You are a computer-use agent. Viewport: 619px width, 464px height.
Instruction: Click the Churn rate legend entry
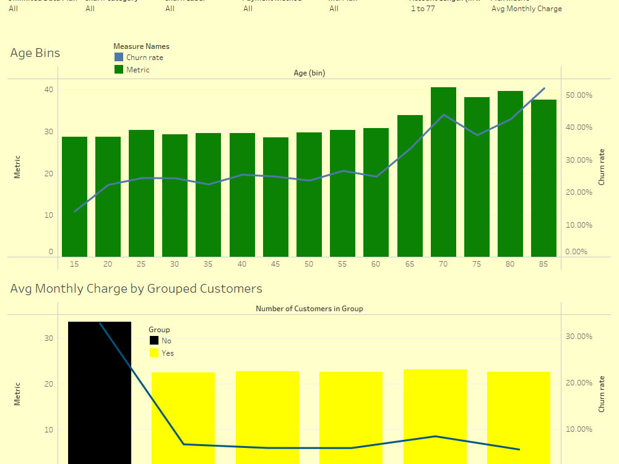point(144,58)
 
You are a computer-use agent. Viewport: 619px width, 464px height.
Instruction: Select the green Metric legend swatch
point(119,70)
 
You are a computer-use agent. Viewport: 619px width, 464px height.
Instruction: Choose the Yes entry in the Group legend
point(167,353)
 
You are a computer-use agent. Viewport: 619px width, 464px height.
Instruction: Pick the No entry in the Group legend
point(166,341)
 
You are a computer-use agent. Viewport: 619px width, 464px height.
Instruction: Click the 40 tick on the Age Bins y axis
point(48,90)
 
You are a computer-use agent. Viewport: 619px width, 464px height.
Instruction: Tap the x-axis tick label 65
point(410,264)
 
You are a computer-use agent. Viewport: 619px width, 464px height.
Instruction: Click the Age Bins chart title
point(35,53)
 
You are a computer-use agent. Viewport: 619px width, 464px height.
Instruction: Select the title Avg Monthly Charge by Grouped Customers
point(136,289)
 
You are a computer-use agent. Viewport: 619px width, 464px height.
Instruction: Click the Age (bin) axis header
point(309,73)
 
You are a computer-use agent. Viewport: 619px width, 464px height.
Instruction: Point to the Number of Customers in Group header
point(309,309)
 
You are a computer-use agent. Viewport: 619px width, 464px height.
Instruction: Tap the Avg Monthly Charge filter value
point(526,9)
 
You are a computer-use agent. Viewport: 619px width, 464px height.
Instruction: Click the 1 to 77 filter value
point(422,9)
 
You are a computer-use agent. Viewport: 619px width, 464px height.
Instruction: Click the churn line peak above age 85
point(544,88)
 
